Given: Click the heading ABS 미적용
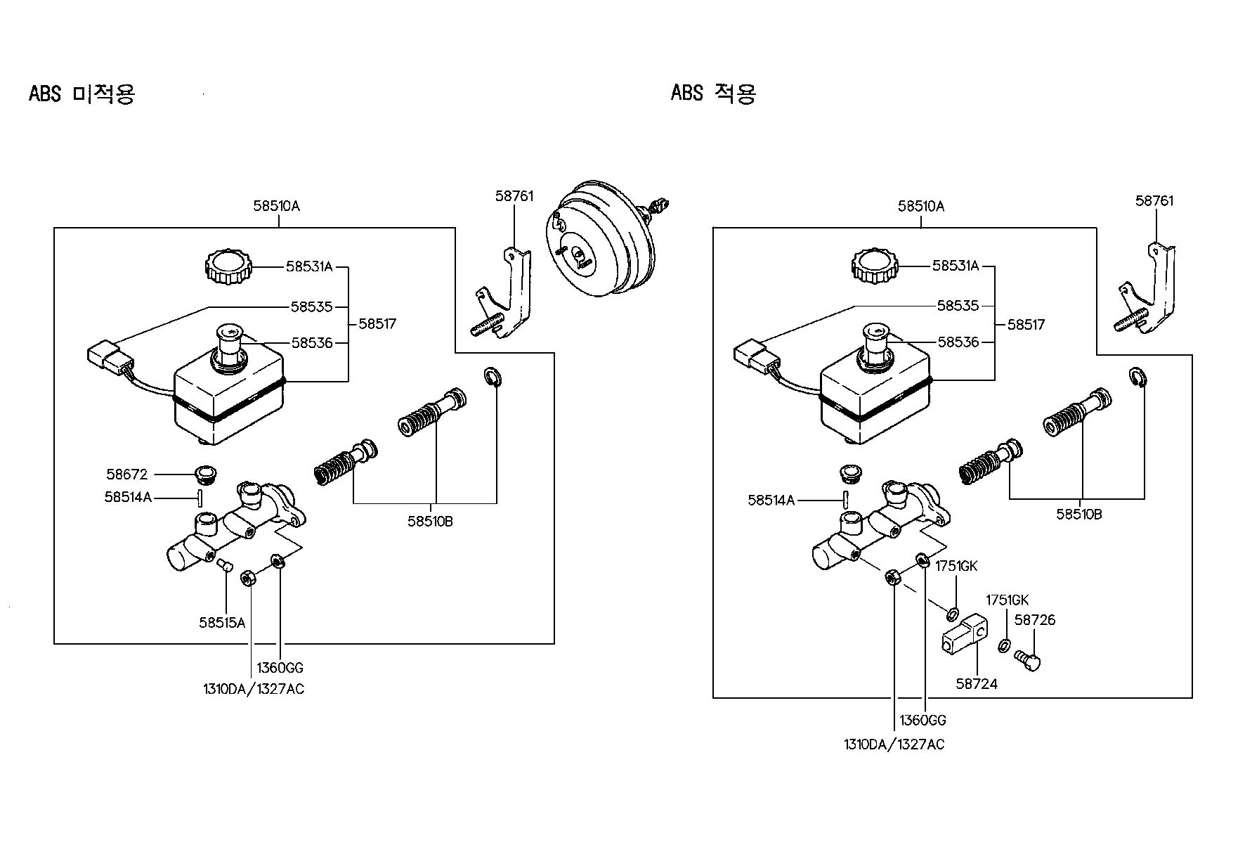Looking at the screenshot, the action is point(82,94).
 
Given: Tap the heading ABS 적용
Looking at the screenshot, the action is point(713,93).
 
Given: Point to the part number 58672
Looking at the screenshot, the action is point(127,475).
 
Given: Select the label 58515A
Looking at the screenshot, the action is point(222,622).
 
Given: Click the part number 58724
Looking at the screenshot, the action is point(977,683).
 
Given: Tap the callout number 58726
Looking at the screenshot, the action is point(1035,620).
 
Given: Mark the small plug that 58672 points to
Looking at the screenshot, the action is point(207,475).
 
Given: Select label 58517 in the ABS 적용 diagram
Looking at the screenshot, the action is point(1026,325).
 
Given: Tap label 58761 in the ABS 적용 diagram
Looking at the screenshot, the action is point(1154,201).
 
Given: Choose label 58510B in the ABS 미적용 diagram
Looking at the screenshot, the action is point(430,522).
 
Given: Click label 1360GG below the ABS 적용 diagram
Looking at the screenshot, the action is point(923,721).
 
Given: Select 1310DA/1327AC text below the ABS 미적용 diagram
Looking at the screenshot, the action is point(254,689).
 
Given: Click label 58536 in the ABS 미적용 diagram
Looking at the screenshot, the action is point(312,343).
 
